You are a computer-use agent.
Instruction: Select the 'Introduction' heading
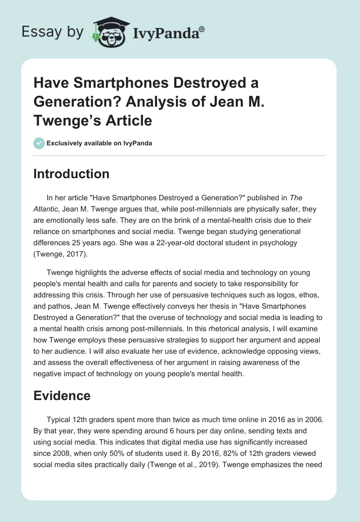tap(71, 174)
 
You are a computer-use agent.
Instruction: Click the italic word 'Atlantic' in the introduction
tap(46, 208)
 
